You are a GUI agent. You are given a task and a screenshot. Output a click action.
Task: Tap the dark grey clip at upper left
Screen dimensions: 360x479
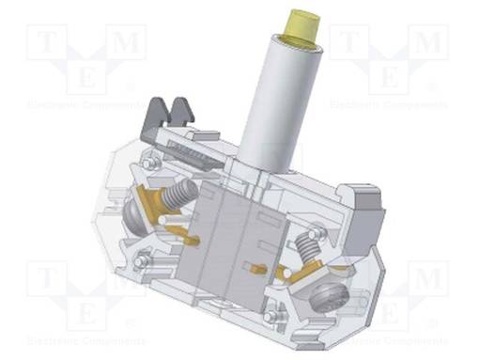173,117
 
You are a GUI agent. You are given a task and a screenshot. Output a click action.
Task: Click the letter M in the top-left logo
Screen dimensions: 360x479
129,40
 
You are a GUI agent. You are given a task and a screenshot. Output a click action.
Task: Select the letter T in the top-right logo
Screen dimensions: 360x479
347,40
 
